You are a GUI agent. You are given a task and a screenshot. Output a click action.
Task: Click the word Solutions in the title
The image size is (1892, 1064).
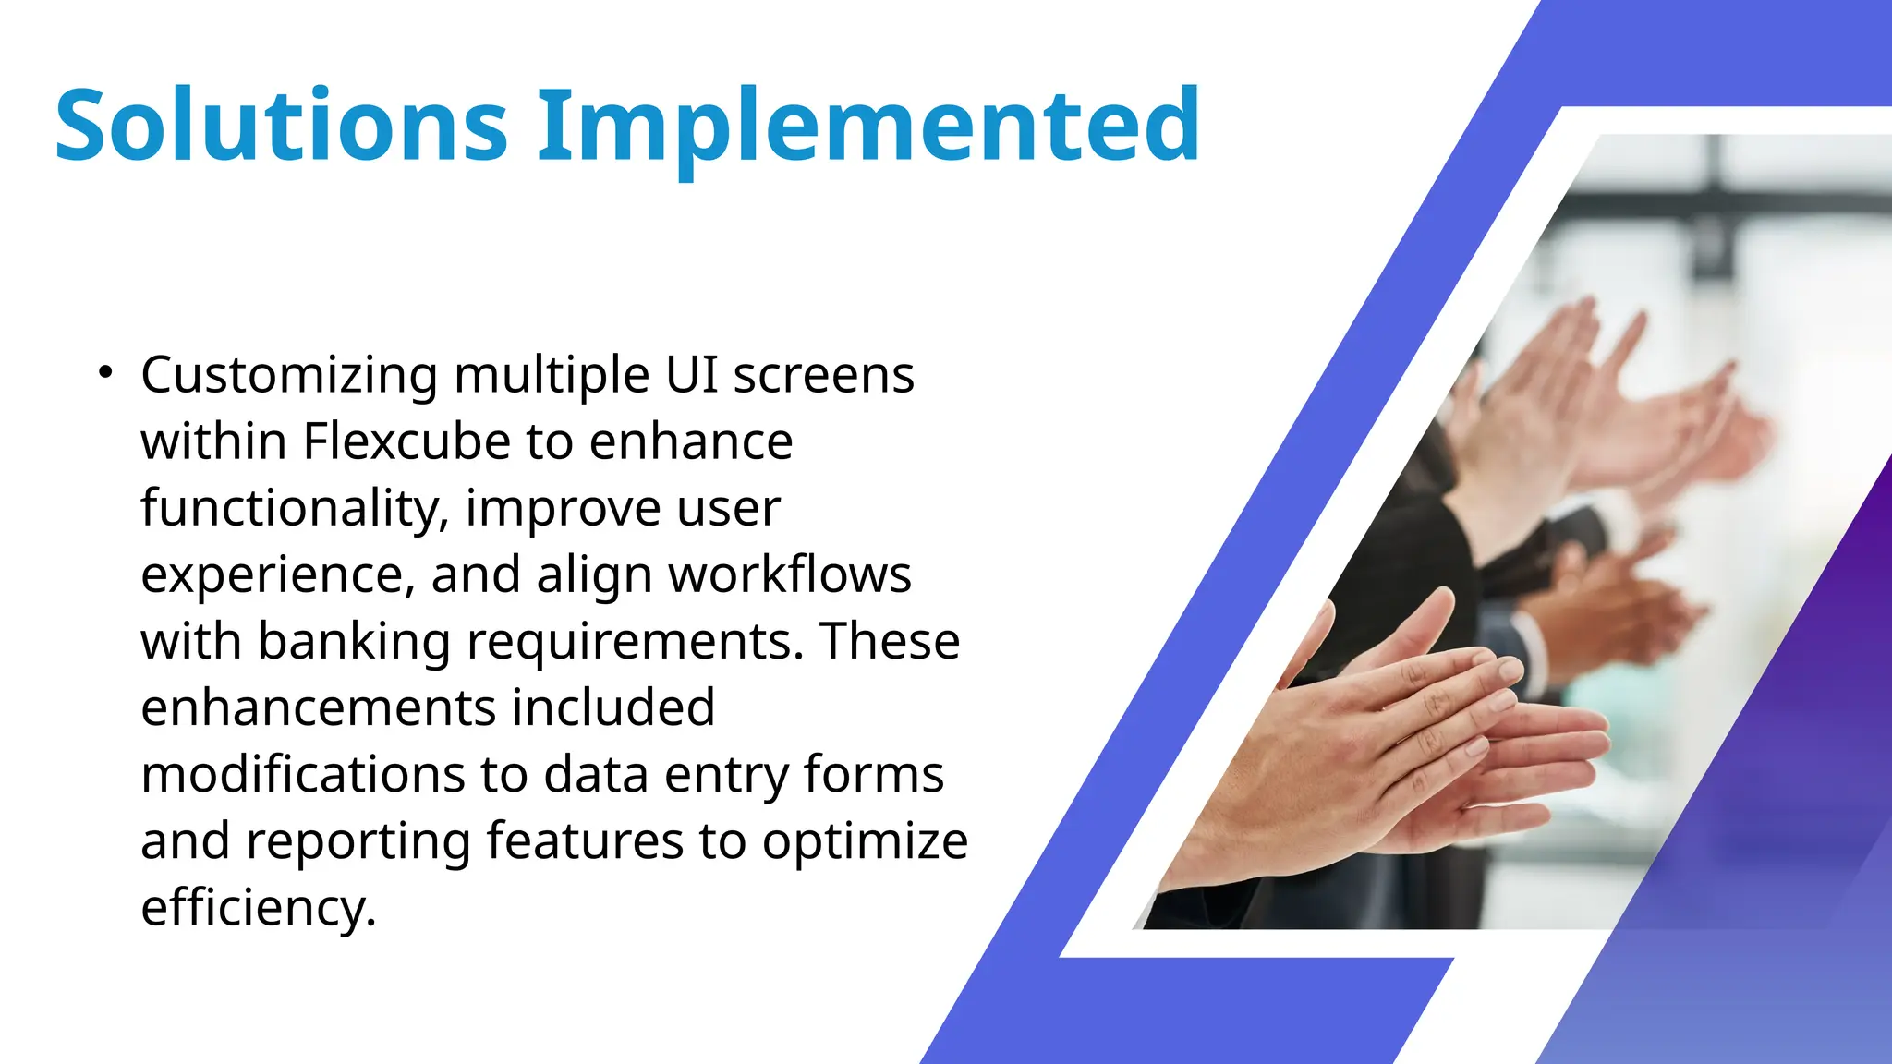(282, 125)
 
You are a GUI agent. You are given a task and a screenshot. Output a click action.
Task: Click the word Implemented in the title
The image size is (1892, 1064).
(868, 125)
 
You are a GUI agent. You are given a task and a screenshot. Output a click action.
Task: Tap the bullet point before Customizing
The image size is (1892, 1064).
(105, 373)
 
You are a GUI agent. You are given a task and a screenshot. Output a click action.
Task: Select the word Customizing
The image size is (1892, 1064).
(289, 376)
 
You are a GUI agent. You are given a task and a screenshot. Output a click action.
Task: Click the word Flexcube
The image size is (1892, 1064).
(406, 441)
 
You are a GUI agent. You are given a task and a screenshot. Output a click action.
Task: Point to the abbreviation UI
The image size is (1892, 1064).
(692, 375)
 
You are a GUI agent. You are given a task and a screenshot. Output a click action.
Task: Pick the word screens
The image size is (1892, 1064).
(823, 376)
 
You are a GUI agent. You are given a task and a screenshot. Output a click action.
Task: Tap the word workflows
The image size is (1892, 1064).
(790, 574)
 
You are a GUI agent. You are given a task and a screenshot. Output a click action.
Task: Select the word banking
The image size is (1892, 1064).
(354, 642)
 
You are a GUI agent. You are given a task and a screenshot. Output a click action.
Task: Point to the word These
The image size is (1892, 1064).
(890, 641)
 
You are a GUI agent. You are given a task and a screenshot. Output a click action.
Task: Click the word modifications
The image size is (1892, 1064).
(302, 775)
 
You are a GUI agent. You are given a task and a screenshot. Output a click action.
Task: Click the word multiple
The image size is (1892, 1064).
(552, 376)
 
